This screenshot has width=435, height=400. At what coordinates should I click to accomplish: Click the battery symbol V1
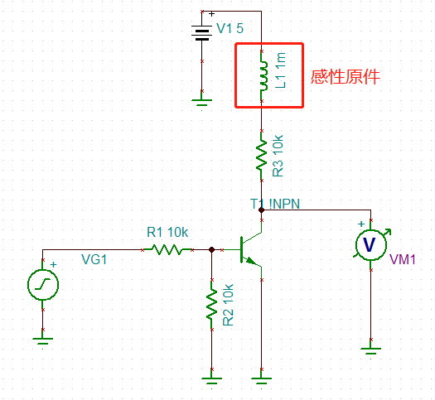tap(202, 31)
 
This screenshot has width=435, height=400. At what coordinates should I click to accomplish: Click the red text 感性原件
tap(345, 77)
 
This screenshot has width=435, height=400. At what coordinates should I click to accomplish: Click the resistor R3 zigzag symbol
tap(262, 154)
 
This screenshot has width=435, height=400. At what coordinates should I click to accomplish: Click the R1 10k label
tap(167, 232)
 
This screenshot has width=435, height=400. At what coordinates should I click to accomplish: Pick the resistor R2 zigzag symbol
tap(213, 305)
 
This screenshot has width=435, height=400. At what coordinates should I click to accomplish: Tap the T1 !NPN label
tap(277, 204)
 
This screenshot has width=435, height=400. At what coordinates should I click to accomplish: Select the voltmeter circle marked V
tap(370, 244)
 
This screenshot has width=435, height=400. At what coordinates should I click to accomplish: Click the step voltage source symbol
tap(41, 285)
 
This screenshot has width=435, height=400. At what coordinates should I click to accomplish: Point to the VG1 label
tap(94, 260)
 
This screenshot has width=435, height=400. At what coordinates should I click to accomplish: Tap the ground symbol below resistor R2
tap(213, 379)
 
